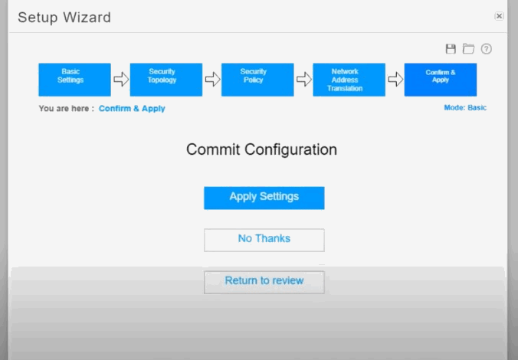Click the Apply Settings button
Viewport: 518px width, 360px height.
264,198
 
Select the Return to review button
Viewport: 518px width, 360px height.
264,282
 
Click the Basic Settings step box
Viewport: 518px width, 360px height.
74,80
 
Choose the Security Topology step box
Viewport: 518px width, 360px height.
166,80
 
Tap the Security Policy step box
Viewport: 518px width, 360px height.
257,80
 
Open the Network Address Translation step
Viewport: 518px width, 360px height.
349,80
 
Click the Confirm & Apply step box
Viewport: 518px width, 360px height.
441,80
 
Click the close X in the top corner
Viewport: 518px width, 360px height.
499,16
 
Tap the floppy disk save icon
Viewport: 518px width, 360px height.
451,49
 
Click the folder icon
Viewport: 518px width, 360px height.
468,49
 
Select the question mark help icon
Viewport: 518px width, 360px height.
487,49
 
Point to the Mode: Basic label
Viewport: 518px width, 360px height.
465,108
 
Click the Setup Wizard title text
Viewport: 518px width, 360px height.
64,18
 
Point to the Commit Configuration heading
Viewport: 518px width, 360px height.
261,149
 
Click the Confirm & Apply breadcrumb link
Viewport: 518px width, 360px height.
132,109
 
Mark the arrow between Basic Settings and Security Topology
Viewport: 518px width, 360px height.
121,79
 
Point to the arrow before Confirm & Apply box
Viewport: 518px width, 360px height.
395,79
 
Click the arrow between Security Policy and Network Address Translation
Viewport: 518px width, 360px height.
303,79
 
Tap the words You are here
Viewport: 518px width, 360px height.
64,109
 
